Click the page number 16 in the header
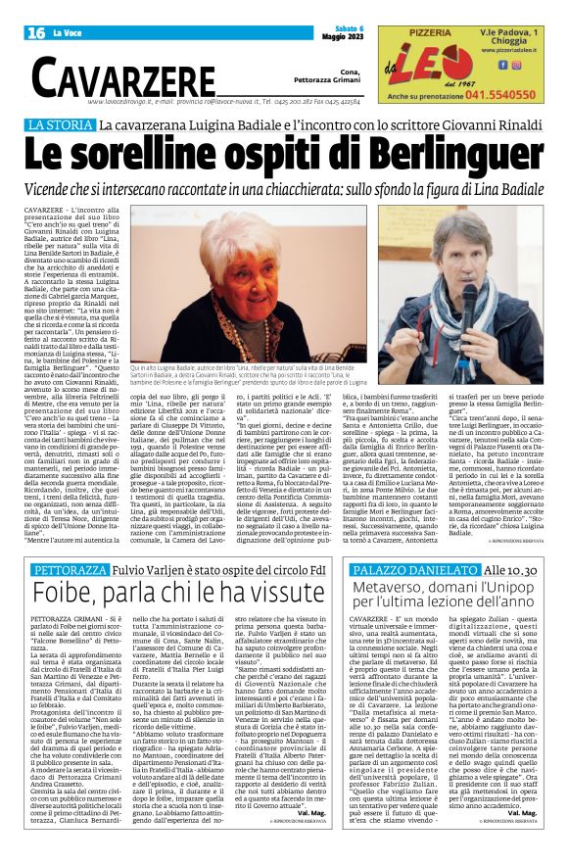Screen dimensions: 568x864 click(37, 33)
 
